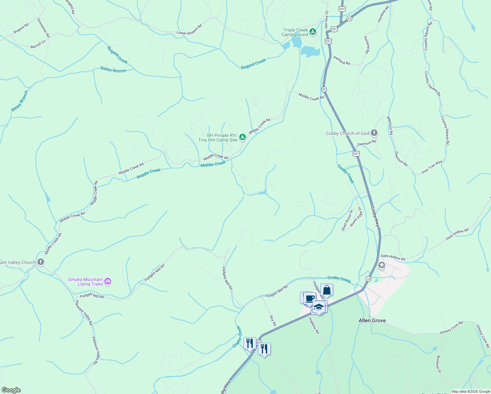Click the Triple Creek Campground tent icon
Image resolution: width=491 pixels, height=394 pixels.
[x=313, y=32]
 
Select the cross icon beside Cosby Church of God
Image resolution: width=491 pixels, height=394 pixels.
[x=374, y=133]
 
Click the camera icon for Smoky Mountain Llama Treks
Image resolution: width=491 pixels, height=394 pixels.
[x=108, y=281]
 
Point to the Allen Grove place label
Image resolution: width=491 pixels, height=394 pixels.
[x=372, y=320]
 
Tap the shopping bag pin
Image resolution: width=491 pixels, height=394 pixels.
[x=327, y=290]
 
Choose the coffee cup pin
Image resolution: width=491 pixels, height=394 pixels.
[x=310, y=298]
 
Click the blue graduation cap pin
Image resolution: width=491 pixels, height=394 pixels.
[x=318, y=307]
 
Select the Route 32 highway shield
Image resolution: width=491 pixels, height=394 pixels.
[x=324, y=89]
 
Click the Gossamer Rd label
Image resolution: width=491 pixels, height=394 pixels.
[x=43, y=28]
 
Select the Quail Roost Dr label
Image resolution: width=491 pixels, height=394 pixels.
[x=347, y=220]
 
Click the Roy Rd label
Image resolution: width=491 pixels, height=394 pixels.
[x=273, y=321]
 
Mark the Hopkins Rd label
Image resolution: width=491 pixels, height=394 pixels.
[x=314, y=325]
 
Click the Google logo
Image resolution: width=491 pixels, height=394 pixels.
[x=11, y=390]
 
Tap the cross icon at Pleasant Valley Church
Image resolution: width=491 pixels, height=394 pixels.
[x=41, y=262]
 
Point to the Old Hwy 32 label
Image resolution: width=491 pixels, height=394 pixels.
[x=327, y=19]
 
